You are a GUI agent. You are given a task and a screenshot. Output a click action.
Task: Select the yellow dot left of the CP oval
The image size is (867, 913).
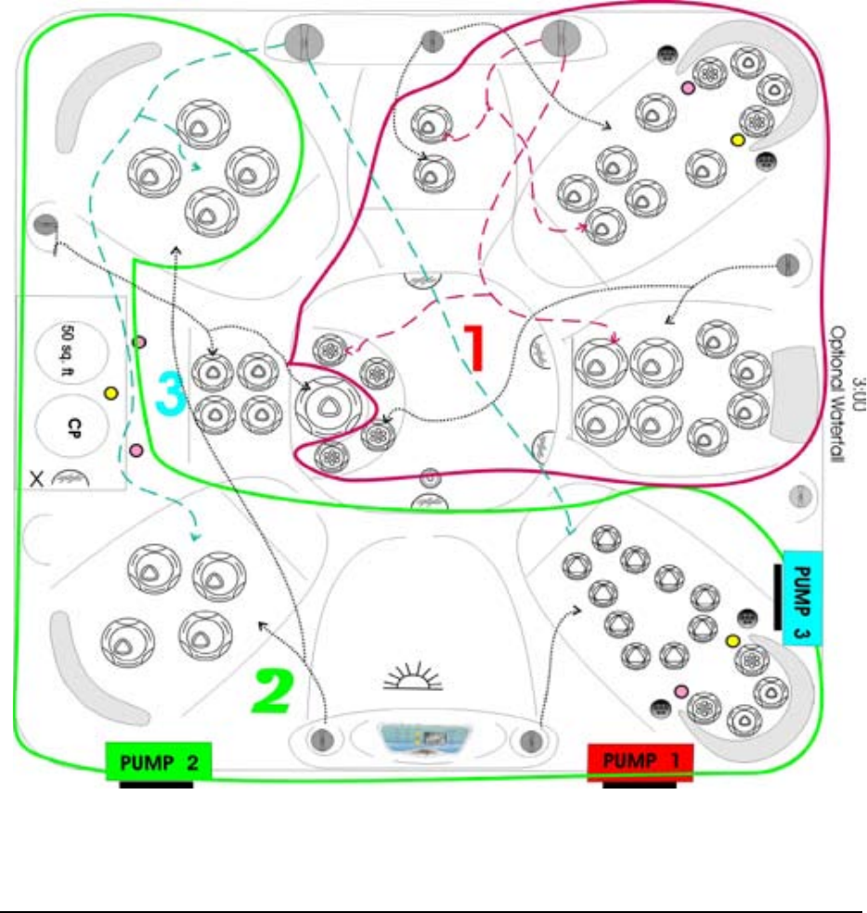111,393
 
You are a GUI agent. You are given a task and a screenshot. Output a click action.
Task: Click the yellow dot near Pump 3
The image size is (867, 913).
732,641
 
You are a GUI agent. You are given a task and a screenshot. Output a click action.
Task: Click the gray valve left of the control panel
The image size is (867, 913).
323,740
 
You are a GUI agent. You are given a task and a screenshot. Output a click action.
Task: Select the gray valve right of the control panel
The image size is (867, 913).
531,740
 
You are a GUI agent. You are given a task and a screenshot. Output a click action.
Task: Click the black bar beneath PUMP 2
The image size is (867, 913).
156,784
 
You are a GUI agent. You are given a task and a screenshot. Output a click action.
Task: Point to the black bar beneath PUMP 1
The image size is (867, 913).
639,784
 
